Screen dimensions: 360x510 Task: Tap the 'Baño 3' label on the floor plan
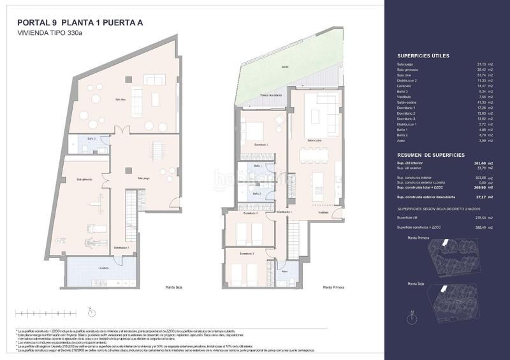(92, 138)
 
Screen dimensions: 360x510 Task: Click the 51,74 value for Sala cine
(477, 76)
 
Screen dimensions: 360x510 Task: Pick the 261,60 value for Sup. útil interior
(476, 164)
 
